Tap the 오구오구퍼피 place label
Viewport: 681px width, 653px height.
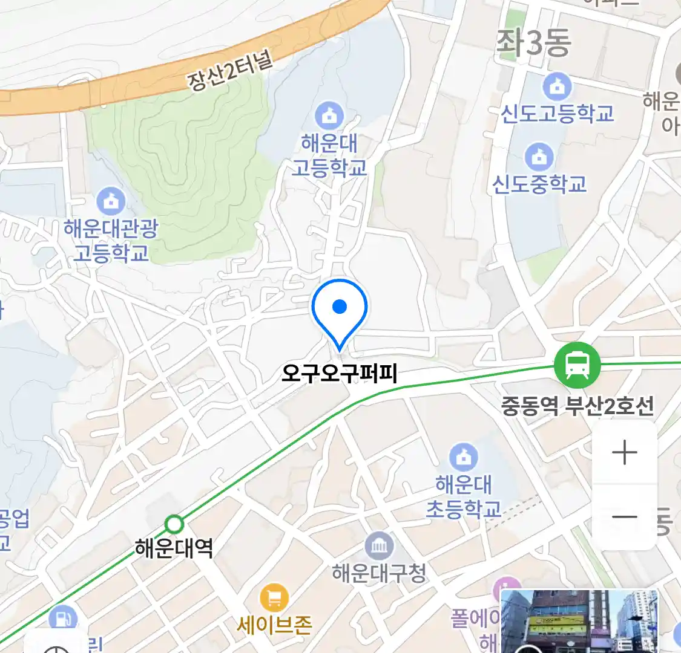pos(339,374)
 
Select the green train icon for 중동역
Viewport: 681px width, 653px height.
pos(577,365)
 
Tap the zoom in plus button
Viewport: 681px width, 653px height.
pos(624,453)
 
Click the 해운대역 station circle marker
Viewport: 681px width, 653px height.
pos(174,524)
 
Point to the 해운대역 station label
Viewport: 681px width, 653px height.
pos(174,548)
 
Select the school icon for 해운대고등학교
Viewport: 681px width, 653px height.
pos(329,115)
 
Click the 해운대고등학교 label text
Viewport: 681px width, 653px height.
pos(329,155)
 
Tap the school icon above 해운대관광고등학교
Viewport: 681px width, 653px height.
pos(111,201)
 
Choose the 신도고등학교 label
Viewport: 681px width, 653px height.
pos(557,113)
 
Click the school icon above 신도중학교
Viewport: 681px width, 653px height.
pos(539,157)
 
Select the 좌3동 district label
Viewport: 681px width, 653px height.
pos(533,43)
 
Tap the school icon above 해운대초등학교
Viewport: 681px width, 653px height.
pos(464,457)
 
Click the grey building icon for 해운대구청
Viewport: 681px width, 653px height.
pos(379,547)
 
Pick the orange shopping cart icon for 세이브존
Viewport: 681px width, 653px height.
pos(274,598)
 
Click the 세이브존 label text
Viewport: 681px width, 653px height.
pos(274,625)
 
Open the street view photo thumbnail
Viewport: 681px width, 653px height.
pos(579,621)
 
